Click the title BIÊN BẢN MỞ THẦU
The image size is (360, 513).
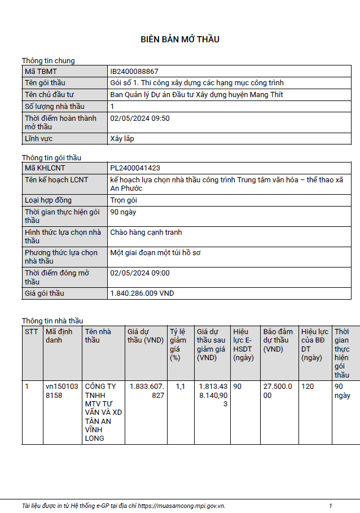tap(180, 40)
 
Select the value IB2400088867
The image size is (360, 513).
tap(134, 72)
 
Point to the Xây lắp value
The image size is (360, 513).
tap(122, 138)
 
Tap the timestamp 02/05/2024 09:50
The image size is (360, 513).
tap(140, 119)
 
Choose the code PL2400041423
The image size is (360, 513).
tap(135, 168)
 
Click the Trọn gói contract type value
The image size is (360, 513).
tap(124, 200)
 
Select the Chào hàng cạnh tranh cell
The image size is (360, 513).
tap(146, 233)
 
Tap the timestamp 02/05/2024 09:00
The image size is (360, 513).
tap(140, 273)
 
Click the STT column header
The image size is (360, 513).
tap(32, 332)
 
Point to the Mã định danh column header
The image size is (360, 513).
tap(59, 336)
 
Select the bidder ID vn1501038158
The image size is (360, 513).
tap(62, 391)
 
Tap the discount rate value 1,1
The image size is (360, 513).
tap(180, 387)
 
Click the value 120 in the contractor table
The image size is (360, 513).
tap(308, 387)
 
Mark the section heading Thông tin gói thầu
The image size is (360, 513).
tap(55, 157)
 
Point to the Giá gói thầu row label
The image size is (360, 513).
tap(45, 293)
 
